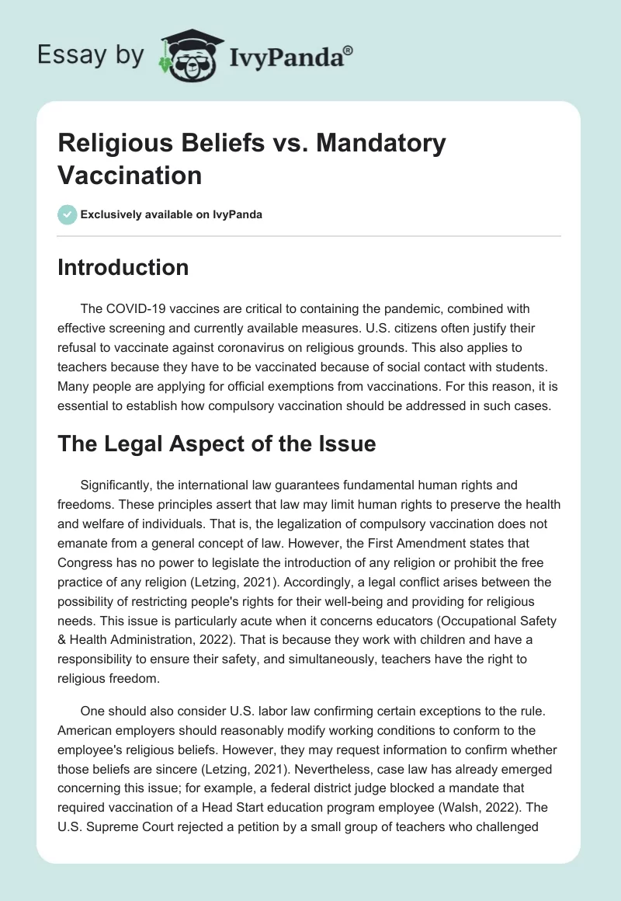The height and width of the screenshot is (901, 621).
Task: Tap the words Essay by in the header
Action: point(91,55)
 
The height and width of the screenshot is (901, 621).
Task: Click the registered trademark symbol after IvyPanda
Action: point(349,50)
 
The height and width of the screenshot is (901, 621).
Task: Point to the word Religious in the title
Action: point(113,143)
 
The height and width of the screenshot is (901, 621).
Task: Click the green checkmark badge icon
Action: point(68,214)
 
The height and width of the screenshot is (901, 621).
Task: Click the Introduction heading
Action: point(123,267)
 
